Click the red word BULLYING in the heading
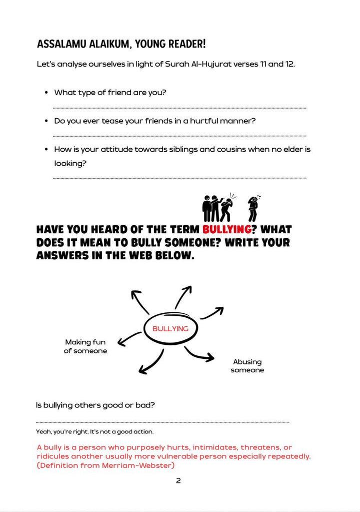226,230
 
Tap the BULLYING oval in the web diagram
170,329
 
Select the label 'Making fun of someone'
85,346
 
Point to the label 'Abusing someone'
247,366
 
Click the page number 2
178,481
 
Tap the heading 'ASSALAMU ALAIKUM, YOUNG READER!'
121,44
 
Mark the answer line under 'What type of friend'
179,108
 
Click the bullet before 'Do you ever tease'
46,121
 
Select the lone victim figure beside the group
253,208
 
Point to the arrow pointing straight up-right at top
183,296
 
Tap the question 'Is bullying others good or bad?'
95,405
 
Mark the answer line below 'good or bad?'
162,422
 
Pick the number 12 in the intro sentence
289,65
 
